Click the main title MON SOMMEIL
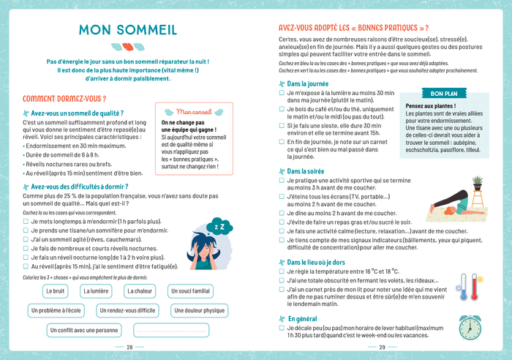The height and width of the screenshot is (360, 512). [127, 30]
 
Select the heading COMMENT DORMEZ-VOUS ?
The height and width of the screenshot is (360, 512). [64, 99]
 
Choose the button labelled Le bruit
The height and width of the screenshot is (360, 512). [56, 291]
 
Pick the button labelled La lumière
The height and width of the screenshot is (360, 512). [97, 291]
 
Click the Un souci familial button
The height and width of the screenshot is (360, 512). [190, 291]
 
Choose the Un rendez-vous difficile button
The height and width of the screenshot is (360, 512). [127, 311]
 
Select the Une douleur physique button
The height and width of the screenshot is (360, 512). [199, 311]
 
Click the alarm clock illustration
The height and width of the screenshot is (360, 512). [470, 326]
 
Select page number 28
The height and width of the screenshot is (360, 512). [129, 348]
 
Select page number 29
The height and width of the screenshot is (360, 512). [382, 348]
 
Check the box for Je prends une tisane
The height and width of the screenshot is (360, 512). [26, 230]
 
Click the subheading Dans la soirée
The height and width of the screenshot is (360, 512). [308, 171]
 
